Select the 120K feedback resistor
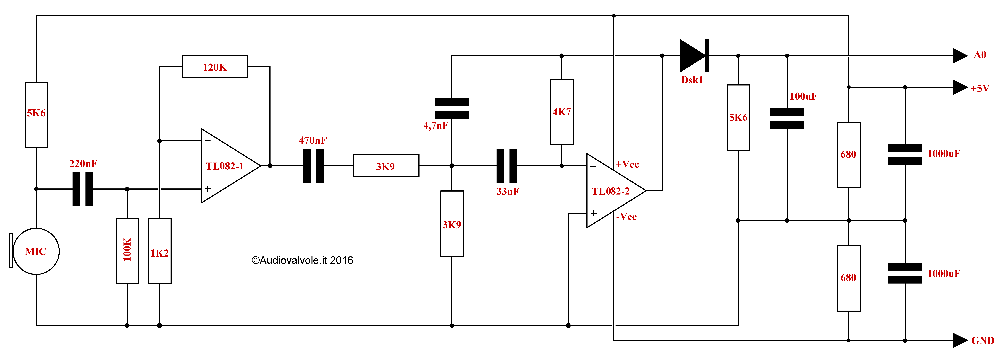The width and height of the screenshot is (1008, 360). tap(215, 66)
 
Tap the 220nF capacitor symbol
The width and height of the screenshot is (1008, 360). tap(83, 189)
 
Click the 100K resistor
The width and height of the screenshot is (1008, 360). tap(127, 251)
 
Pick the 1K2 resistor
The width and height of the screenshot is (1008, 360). tap(160, 251)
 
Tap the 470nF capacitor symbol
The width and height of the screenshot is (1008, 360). tap(314, 165)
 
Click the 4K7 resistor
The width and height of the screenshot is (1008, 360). tap(562, 112)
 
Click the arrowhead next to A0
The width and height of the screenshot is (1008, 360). tap(960, 56)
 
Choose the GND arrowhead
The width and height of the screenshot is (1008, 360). tap(960, 340)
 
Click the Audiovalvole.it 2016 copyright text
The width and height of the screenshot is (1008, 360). tap(302, 260)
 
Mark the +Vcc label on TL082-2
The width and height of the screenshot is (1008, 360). tap(627, 164)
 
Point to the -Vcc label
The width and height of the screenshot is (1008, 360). tap(627, 216)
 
